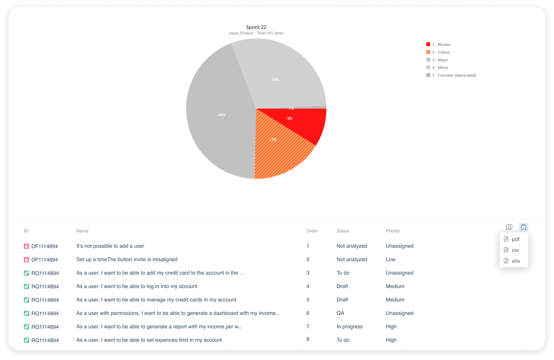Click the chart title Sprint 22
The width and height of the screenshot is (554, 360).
[x=256, y=27]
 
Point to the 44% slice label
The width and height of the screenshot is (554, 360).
[x=222, y=115]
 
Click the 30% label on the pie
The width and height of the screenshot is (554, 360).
[x=276, y=79]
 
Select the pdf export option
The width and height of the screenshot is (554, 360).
[x=515, y=239]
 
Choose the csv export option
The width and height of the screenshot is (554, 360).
[x=515, y=250]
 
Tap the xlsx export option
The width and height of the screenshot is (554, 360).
[x=515, y=261]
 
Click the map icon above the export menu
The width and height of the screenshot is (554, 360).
[x=509, y=227]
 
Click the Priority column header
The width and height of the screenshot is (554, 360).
[x=393, y=231]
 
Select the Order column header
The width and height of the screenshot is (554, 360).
[x=312, y=231]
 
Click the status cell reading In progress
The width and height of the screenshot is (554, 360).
[x=349, y=326]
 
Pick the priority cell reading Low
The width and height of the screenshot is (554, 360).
[x=390, y=259]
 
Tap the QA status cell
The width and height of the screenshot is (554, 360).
[x=340, y=313]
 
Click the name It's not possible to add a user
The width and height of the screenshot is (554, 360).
[x=110, y=246]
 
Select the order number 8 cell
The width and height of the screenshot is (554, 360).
[x=308, y=339]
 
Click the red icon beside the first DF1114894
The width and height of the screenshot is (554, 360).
[x=26, y=246]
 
